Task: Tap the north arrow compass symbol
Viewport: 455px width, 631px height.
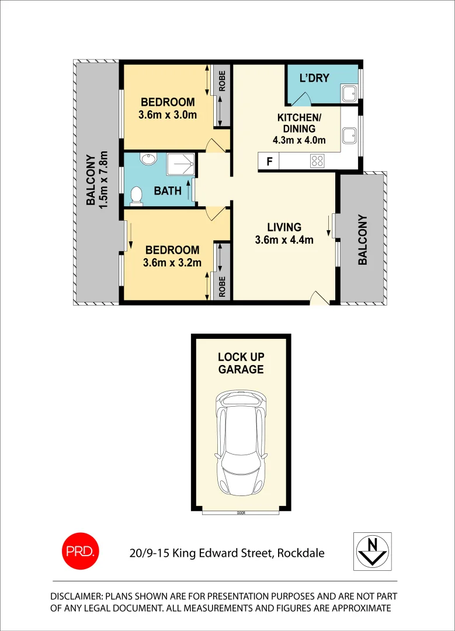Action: tap(373, 551)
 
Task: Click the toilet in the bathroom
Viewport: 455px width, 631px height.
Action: tap(136, 196)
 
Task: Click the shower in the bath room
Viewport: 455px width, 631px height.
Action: tap(180, 164)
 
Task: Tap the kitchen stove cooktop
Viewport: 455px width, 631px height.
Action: tap(317, 160)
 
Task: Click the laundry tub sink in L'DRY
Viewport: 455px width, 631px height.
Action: tap(349, 93)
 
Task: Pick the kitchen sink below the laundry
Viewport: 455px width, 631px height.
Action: tap(349, 135)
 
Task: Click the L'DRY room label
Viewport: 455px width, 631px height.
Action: tap(314, 78)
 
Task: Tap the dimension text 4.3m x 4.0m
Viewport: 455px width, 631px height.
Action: tap(299, 140)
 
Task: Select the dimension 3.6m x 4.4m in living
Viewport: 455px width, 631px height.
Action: tap(284, 240)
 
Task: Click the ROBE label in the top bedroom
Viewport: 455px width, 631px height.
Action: tap(222, 81)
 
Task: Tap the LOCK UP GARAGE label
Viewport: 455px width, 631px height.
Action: tap(241, 363)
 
